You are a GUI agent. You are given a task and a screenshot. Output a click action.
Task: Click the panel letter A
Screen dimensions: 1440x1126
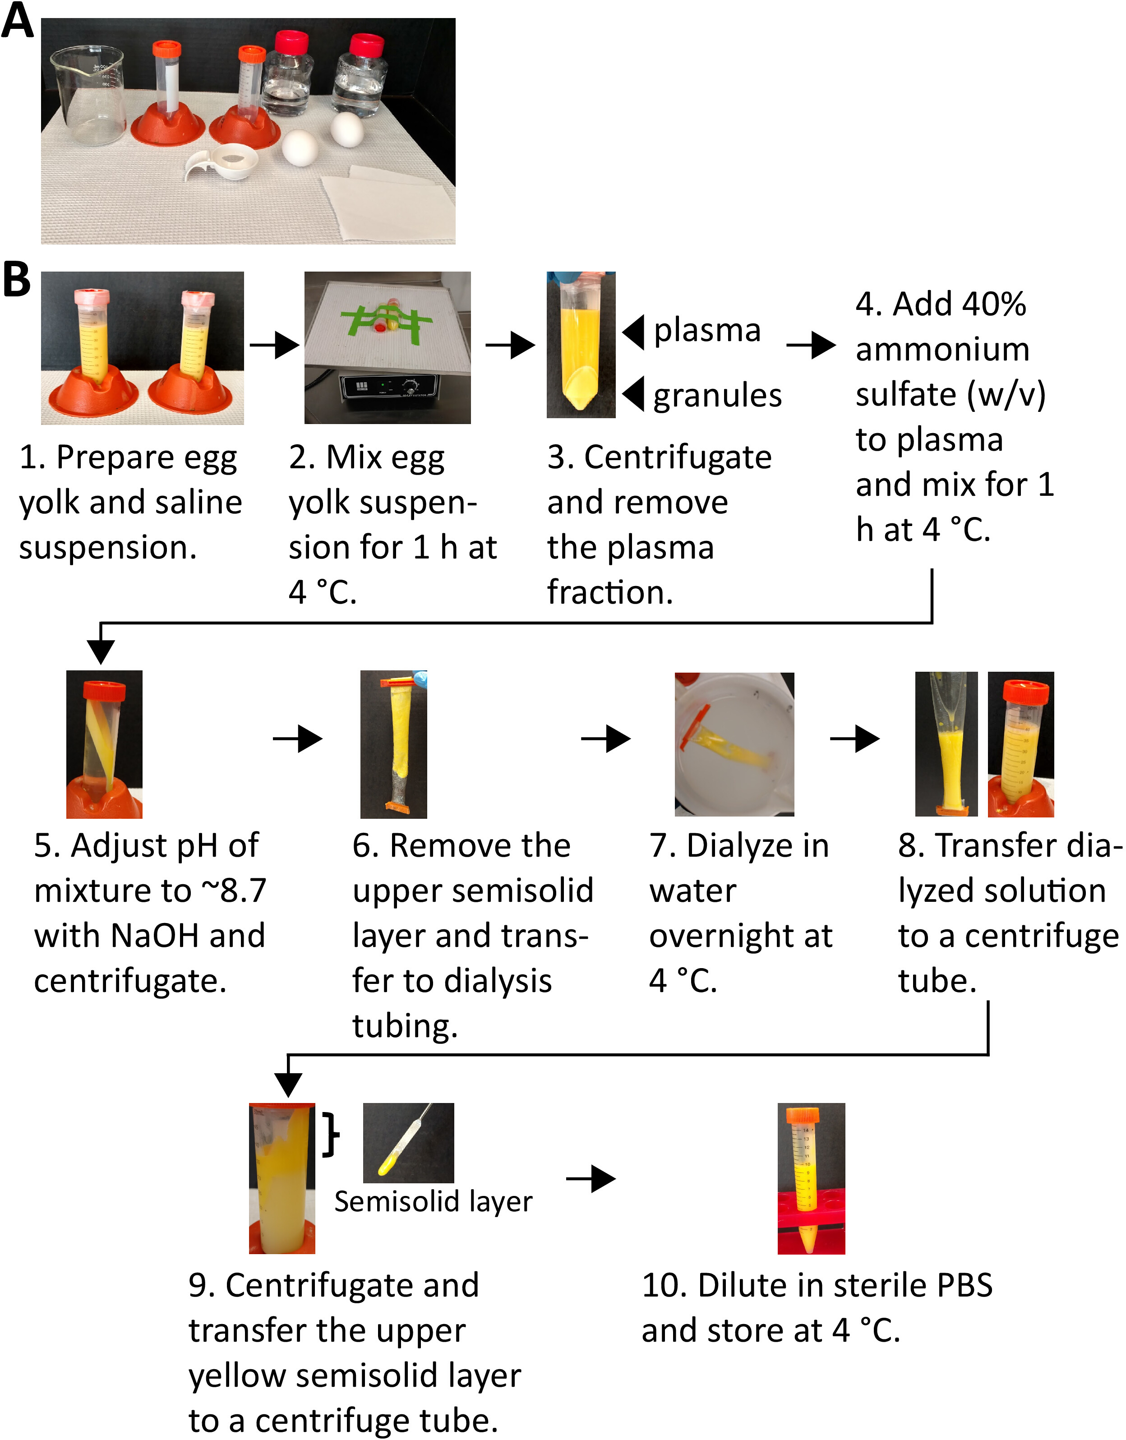coord(17,21)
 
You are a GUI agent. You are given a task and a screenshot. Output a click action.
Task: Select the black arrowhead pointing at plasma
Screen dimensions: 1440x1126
coord(633,332)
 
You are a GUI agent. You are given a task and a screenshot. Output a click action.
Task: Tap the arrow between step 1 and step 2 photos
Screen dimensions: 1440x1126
coord(274,344)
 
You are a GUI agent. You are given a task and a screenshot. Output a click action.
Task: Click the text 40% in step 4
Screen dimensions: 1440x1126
coord(992,305)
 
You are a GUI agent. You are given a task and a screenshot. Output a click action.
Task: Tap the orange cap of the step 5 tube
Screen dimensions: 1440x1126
coord(104,692)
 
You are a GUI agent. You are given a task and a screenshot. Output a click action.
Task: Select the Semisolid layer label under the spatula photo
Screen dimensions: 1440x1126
coord(433,1201)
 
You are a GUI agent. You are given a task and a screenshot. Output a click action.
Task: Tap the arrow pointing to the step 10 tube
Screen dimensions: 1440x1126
coord(591,1178)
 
